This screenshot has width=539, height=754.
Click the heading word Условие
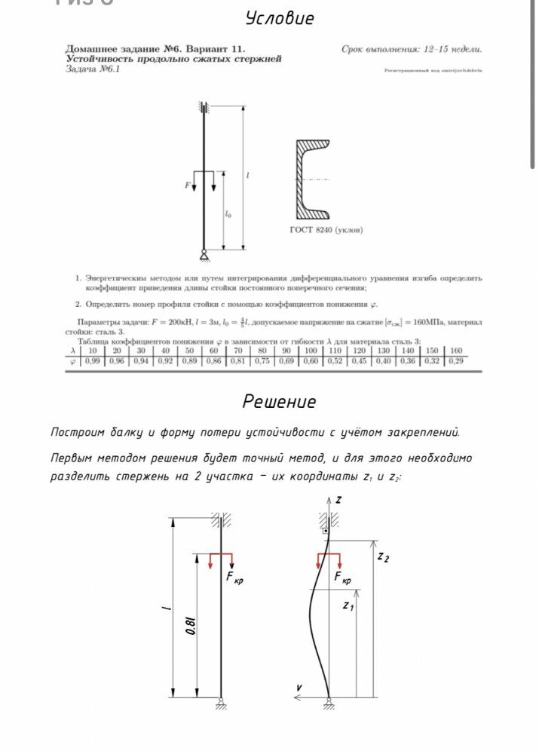click(280, 19)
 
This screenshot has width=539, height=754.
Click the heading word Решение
click(279, 402)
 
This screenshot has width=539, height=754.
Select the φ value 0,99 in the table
click(93, 361)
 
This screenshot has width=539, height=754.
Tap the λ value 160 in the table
click(455, 351)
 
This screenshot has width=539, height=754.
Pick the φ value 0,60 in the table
click(311, 361)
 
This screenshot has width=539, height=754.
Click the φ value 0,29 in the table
click(455, 361)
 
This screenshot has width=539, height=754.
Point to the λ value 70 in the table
click(237, 351)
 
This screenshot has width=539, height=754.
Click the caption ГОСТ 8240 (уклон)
click(326, 230)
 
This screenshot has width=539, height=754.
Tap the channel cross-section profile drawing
click(313, 178)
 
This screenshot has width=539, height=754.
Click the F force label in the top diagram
click(187, 185)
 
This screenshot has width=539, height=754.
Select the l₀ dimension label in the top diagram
click(228, 215)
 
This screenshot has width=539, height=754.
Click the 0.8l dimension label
click(191, 625)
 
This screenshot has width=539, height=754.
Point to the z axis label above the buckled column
click(338, 500)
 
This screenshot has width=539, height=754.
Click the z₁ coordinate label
click(348, 605)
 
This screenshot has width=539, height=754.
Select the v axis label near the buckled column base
click(299, 688)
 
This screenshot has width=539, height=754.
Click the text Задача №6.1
click(93, 69)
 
